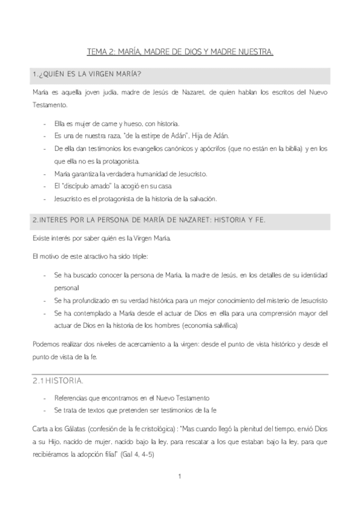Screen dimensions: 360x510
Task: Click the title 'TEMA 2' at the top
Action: [102, 53]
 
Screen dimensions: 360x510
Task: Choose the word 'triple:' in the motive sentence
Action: [135, 256]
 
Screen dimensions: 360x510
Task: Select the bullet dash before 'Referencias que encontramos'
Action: [46, 398]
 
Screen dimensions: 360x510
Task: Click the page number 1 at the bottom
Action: [180, 478]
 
